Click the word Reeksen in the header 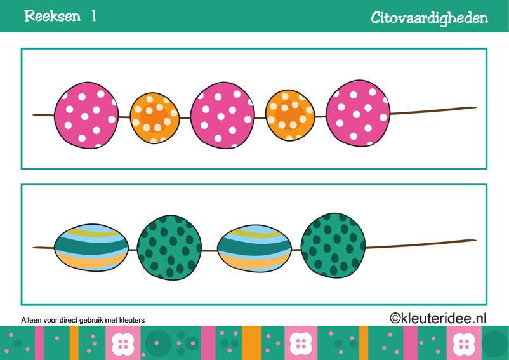point(52,16)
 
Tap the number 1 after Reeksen point(94,16)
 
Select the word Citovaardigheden point(430,18)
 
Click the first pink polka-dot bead point(86,116)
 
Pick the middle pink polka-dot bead point(222,116)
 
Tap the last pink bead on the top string point(358,113)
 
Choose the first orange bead point(154,118)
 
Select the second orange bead point(290,116)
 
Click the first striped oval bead point(91,248)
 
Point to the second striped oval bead point(255,248)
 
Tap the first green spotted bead point(169,248)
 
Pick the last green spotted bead point(333,246)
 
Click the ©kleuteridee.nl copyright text point(438,318)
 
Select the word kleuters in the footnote point(132,320)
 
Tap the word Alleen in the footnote point(31,320)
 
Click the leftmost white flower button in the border point(123,343)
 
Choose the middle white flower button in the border point(301,343)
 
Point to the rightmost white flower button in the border point(464,343)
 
